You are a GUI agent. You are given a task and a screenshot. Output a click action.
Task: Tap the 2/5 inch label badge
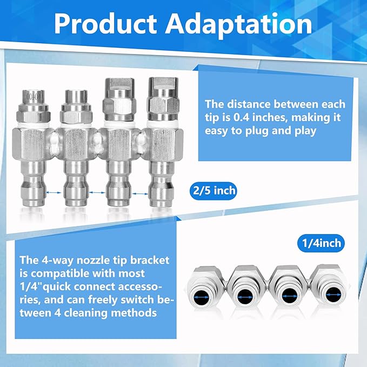pos(214,191)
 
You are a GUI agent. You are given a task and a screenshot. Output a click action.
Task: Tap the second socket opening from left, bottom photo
pos(245,296)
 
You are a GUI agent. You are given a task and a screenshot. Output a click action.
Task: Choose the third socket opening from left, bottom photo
pos(290,296)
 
